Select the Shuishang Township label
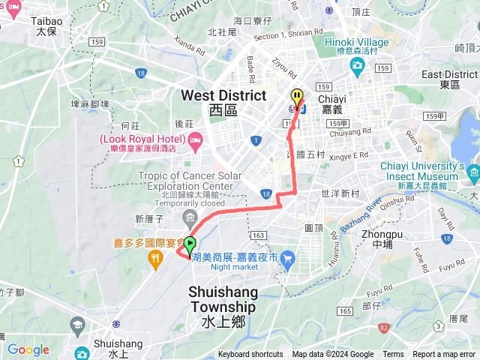[223, 299]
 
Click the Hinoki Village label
[355, 42]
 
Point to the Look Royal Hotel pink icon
[196, 139]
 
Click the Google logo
[28, 349]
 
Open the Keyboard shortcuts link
[250, 355]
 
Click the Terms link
[393, 355]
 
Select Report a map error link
[444, 355]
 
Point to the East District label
[449, 79]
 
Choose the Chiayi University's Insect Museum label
[432, 170]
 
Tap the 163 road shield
[259, 235]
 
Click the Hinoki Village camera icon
[357, 64]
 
